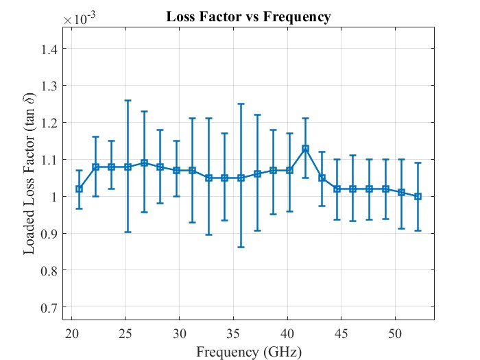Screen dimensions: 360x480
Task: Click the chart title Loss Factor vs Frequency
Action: click(248, 17)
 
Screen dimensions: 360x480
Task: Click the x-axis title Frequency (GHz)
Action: click(248, 352)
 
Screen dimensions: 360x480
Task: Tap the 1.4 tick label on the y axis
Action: click(55, 49)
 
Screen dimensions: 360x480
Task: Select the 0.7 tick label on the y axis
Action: click(55, 307)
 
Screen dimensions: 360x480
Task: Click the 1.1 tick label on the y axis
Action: click(55, 160)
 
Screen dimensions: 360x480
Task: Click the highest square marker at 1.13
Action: click(305, 148)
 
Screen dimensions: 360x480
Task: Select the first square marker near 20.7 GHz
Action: click(79, 189)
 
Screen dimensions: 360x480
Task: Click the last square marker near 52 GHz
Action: click(418, 196)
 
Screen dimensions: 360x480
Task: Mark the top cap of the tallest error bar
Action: click(128, 100)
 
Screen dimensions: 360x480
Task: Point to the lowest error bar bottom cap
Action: click(241, 247)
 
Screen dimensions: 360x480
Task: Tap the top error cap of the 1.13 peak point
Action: click(305, 119)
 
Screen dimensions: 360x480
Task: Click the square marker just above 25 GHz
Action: click(128, 167)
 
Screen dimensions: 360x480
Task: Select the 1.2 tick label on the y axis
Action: click(55, 123)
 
